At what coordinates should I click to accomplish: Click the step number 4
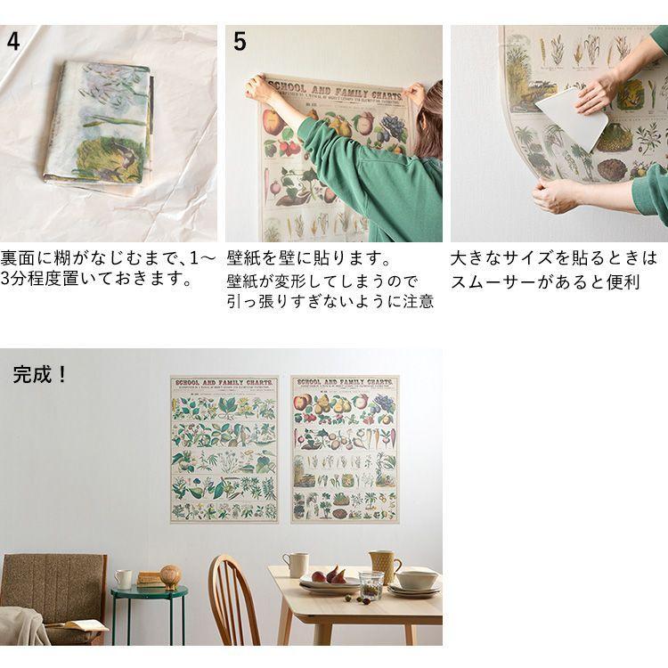point(14,41)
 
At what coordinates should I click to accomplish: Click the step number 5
point(240,41)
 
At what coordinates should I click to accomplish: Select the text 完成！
point(41,375)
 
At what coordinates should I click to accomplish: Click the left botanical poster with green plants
point(224,450)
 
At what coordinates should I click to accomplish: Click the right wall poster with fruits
point(345,450)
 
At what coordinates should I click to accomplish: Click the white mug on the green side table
point(123,580)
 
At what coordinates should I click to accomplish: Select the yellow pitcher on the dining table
point(385,566)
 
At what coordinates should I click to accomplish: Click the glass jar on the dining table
point(371,585)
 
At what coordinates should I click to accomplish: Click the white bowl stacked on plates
point(417,578)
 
